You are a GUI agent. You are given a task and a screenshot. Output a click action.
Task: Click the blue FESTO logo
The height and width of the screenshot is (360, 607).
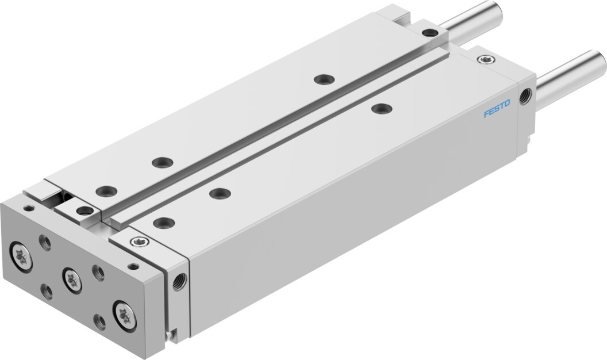[497, 109]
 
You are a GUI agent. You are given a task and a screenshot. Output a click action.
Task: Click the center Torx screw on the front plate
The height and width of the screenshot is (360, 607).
[71, 279]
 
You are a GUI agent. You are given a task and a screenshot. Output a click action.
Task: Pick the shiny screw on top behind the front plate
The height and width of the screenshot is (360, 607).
[137, 242]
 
